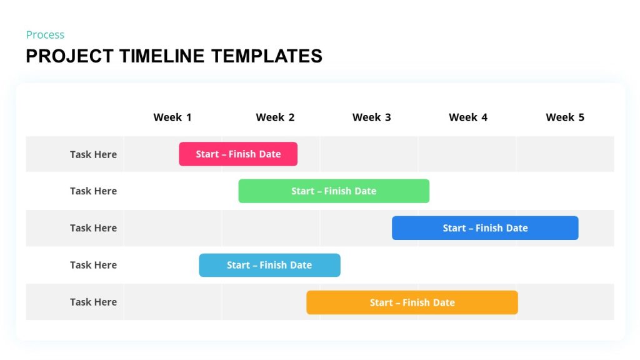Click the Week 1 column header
click(172, 117)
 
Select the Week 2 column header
click(275, 117)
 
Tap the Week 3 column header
click(371, 117)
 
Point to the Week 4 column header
click(468, 117)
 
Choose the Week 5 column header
click(565, 117)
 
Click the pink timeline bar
click(238, 154)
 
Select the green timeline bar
click(334, 191)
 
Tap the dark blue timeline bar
click(485, 228)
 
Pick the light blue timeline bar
click(269, 265)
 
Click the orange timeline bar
click(412, 302)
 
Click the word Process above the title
click(45, 35)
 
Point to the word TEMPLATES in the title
click(266, 56)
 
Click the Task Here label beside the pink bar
click(93, 154)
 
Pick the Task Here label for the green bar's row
click(93, 191)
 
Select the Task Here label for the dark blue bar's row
click(93, 228)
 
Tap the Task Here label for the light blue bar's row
click(93, 265)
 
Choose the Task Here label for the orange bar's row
click(93, 302)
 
